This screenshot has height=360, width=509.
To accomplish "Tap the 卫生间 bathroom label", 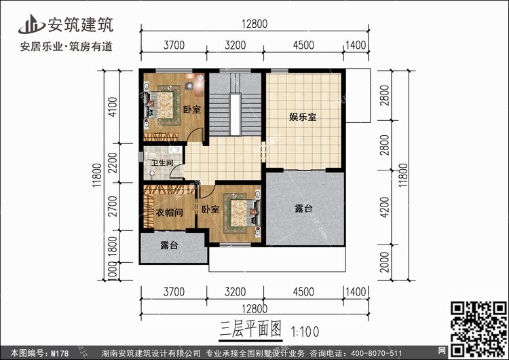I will [x=162, y=163].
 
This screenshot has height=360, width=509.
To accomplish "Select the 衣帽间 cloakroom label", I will [x=170, y=213].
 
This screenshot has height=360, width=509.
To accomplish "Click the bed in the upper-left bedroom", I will [x=163, y=105].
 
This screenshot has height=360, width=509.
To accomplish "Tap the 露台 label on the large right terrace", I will [x=303, y=209].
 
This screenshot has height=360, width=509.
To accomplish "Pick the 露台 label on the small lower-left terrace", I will [x=169, y=246].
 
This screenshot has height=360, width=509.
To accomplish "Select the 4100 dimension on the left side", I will [x=113, y=107].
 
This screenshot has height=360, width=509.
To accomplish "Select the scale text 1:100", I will [x=305, y=332].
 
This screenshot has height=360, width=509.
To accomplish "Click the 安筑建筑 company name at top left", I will [x=79, y=24].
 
